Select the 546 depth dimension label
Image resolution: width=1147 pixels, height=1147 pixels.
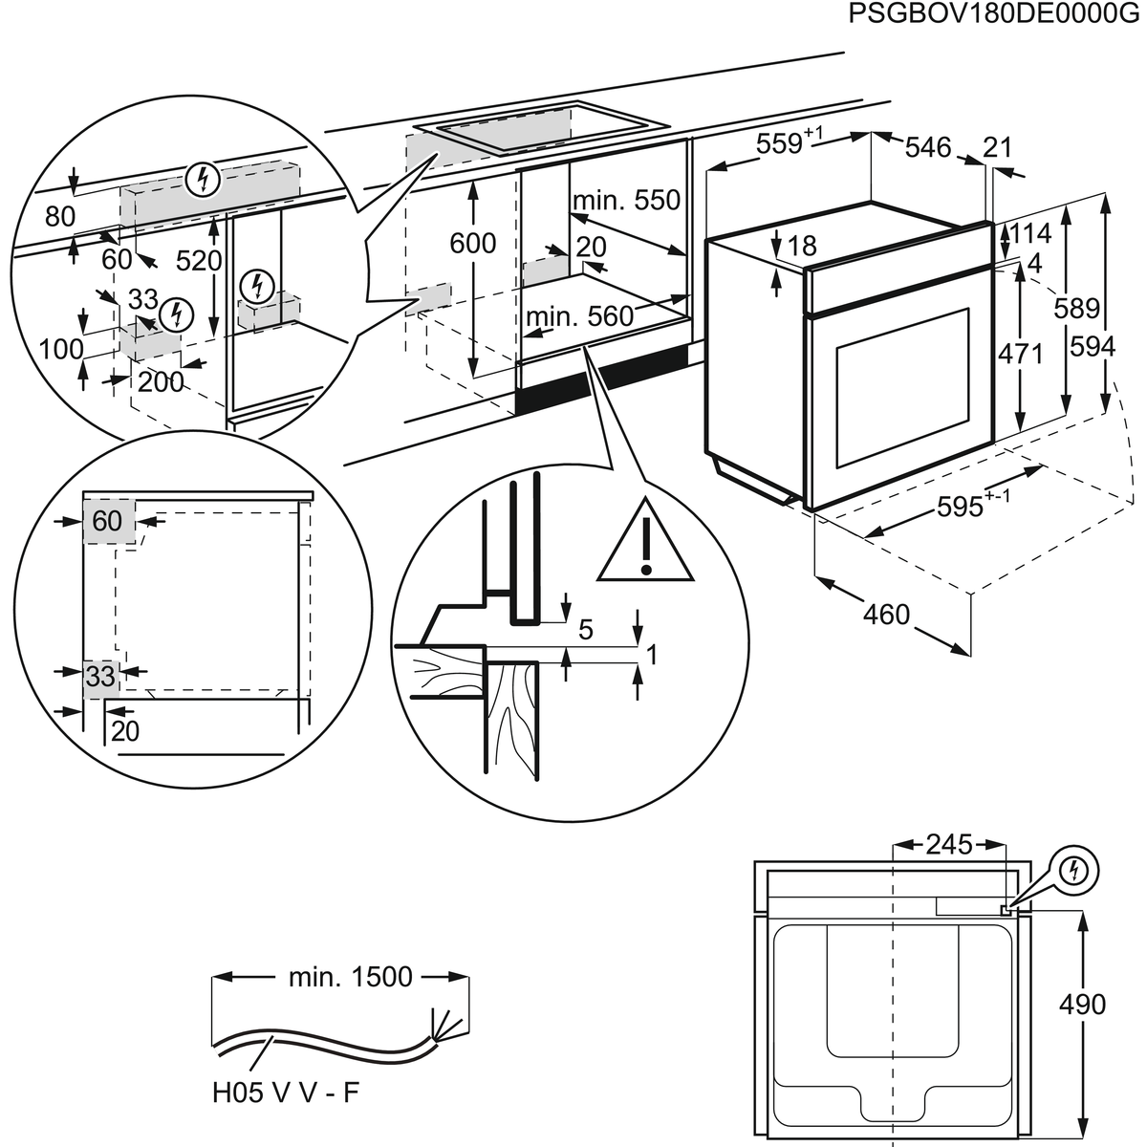coord(928,146)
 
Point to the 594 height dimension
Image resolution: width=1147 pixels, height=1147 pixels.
coord(1093,346)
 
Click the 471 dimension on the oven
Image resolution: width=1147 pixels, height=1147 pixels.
coord(1020,353)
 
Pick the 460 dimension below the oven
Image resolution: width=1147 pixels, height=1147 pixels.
coord(886,614)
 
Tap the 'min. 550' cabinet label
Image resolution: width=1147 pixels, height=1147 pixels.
coord(626,200)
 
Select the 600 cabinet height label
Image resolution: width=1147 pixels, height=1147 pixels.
coord(473,243)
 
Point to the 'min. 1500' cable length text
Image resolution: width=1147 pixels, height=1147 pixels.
coord(351,977)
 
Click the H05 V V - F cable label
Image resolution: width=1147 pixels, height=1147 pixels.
coord(286,1093)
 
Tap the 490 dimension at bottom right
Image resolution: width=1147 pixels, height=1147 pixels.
coord(1083,1004)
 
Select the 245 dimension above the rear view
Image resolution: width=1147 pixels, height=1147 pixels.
coord(948,845)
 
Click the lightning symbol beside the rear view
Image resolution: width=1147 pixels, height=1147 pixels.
coord(1076,870)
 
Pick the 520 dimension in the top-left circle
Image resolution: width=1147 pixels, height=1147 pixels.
coord(200,260)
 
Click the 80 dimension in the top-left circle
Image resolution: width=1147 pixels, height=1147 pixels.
coord(59,217)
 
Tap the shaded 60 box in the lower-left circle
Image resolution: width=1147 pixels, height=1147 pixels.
coord(108,520)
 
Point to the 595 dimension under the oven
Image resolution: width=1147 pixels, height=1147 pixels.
coord(961,507)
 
